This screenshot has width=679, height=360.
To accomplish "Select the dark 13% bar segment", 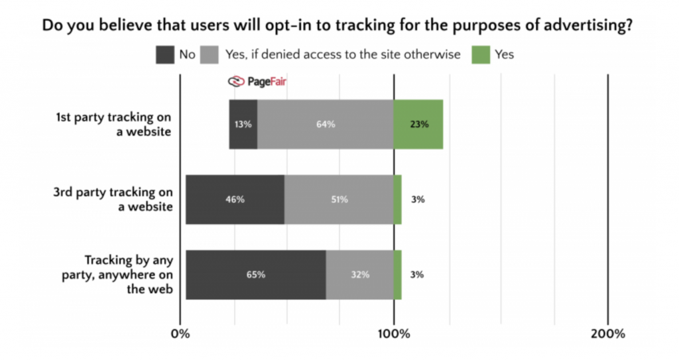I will click(x=243, y=124).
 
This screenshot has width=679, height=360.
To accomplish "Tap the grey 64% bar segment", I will click(x=326, y=124).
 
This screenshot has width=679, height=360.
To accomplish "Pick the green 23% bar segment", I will click(x=418, y=124).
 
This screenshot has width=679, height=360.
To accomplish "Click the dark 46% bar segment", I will click(x=235, y=200).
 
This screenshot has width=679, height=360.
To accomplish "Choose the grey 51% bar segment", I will click(x=339, y=200).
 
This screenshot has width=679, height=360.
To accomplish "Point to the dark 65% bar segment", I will click(x=255, y=274).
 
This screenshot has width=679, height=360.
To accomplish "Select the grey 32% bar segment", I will click(x=359, y=274).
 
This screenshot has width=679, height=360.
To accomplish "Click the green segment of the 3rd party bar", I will click(x=397, y=200).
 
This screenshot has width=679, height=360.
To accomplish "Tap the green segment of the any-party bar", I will click(x=397, y=274).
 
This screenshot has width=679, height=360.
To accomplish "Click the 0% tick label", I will click(x=180, y=333).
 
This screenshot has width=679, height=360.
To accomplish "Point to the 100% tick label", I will click(x=394, y=333).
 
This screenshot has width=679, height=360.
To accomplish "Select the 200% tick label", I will click(x=608, y=333).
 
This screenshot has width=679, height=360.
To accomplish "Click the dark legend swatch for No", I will click(x=165, y=54).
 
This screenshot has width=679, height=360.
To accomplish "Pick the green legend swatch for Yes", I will click(x=481, y=54).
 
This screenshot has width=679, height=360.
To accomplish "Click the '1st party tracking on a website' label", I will click(x=114, y=125).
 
